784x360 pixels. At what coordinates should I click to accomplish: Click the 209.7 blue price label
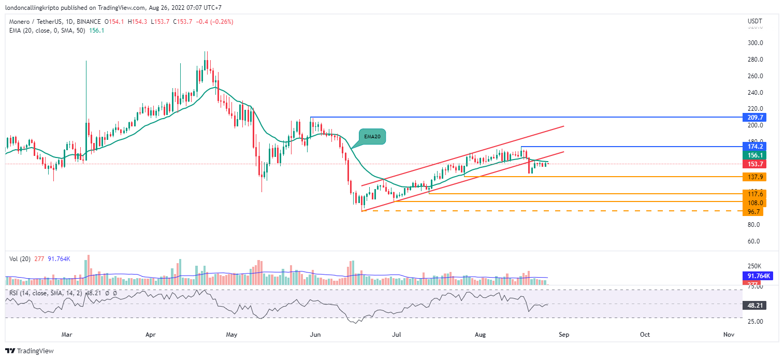[753, 117]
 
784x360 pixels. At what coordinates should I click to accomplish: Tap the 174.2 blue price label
[753, 146]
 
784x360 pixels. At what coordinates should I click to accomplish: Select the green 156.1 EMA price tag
[753, 155]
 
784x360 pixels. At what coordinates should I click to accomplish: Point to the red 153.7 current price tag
[753, 164]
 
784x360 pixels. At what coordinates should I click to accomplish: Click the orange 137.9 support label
[753, 177]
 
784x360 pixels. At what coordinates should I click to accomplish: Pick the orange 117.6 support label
[753, 194]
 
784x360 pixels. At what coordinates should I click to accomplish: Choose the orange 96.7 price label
[753, 211]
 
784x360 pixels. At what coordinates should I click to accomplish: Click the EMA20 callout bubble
[371, 137]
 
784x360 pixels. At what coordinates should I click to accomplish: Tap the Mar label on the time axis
[67, 335]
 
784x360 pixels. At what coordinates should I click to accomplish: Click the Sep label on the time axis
[563, 335]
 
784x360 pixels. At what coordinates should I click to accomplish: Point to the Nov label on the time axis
[729, 335]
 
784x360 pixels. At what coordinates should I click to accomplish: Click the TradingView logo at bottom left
[30, 351]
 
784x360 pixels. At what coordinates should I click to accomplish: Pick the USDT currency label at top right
[756, 21]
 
